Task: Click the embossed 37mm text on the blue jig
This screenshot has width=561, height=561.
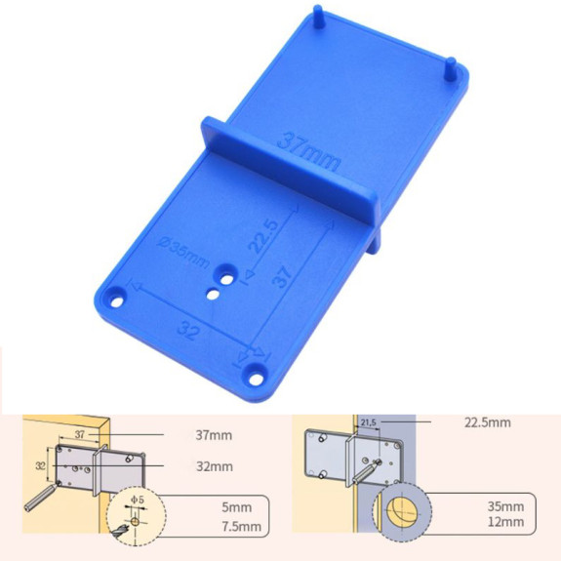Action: click(306, 145)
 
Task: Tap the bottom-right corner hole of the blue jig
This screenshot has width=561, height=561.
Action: click(256, 371)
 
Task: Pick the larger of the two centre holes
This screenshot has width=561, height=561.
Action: click(225, 276)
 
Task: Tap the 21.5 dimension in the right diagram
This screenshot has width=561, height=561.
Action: click(368, 421)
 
